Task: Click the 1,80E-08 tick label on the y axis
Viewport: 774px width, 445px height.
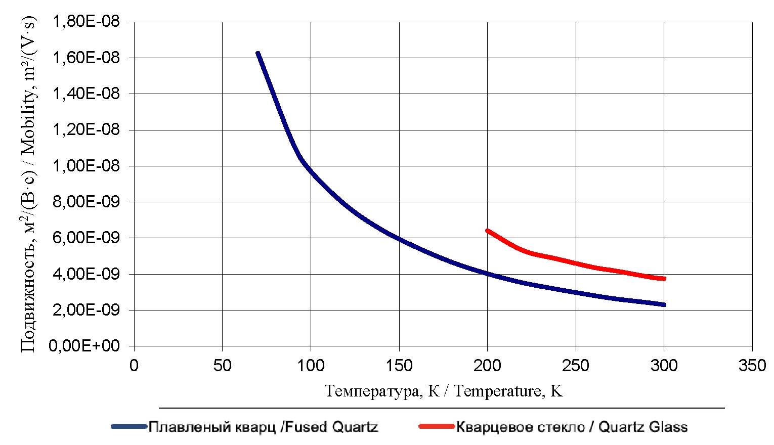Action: pyautogui.click(x=86, y=22)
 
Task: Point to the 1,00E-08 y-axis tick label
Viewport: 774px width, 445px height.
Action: pyautogui.click(x=86, y=166)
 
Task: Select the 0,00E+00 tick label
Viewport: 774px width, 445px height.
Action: pyautogui.click(x=84, y=346)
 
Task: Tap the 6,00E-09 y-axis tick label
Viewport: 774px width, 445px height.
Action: pyautogui.click(x=86, y=238)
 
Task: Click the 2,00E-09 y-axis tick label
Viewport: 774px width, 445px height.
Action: pyautogui.click(x=86, y=310)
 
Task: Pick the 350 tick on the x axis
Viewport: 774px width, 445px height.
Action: pyautogui.click(x=752, y=366)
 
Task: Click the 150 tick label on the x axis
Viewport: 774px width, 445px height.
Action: pyautogui.click(x=399, y=366)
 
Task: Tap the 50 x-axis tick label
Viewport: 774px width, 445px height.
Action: pyautogui.click(x=222, y=366)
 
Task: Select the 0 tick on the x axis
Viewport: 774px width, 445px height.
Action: pyautogui.click(x=134, y=366)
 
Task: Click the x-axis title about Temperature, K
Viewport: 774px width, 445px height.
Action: pyautogui.click(x=443, y=391)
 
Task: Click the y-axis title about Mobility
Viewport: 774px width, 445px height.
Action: pyautogui.click(x=28, y=185)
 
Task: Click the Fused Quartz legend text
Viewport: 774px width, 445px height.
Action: pyautogui.click(x=263, y=427)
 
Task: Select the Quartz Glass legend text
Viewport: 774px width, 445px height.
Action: pyautogui.click(x=572, y=427)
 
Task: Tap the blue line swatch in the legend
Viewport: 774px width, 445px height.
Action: pyautogui.click(x=129, y=427)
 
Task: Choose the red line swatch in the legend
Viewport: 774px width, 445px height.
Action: pyautogui.click(x=437, y=427)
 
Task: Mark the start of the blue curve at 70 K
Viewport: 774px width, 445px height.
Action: pyautogui.click(x=258, y=53)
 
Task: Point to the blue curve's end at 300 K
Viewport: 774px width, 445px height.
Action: pyautogui.click(x=664, y=305)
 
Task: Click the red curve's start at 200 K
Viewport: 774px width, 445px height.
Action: pyautogui.click(x=487, y=231)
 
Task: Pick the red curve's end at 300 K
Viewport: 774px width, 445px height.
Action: pyautogui.click(x=664, y=279)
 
